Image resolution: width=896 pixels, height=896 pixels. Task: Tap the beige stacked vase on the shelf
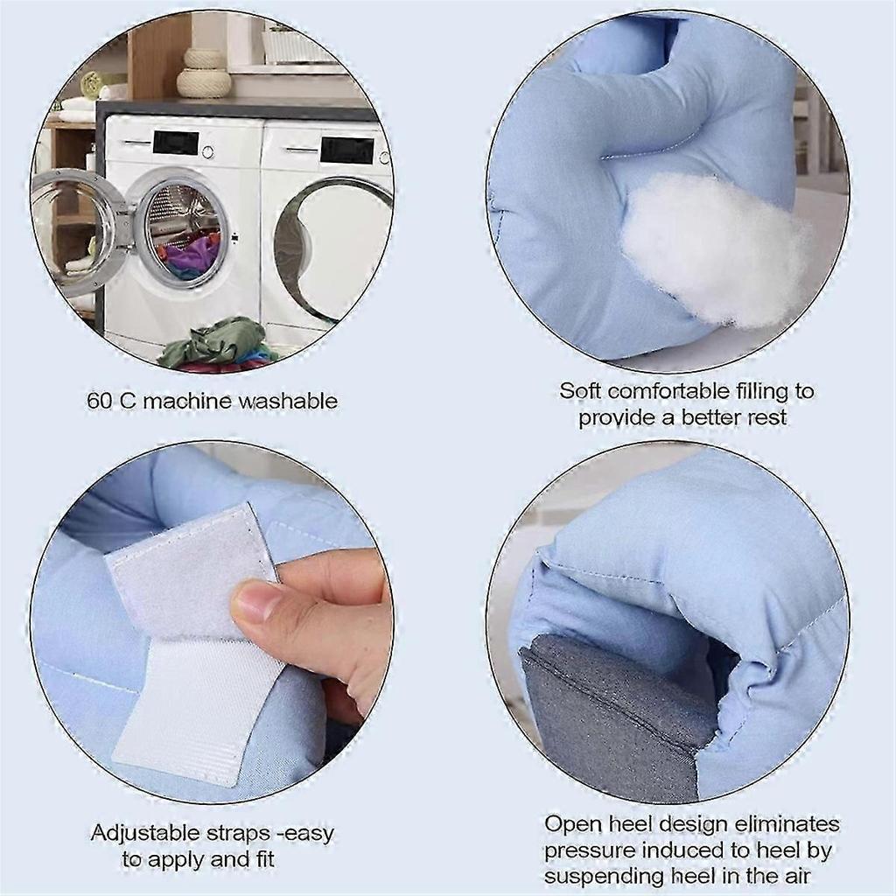(204, 73)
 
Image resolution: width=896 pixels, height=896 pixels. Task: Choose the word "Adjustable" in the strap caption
(145, 833)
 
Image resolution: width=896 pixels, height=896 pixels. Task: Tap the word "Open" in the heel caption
(570, 824)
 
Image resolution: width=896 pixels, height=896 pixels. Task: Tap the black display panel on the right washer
(346, 149)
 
